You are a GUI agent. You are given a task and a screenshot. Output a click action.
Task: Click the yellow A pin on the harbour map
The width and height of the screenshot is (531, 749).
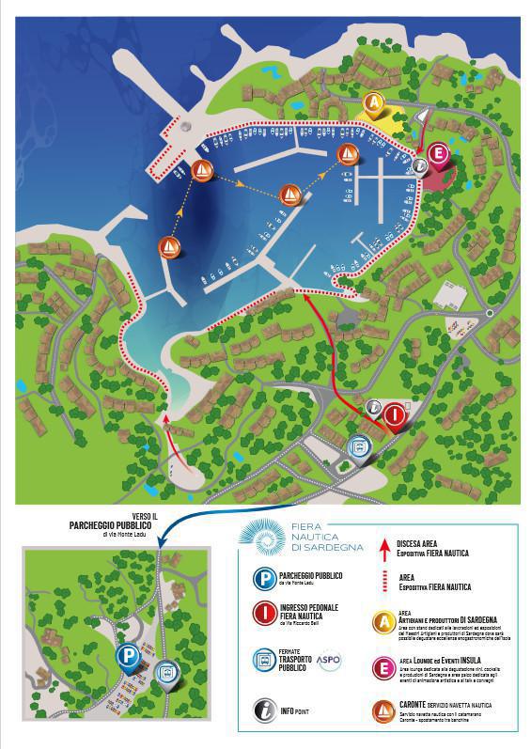click(375, 101)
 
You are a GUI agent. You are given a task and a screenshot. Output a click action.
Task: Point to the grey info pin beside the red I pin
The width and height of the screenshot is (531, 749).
click(375, 408)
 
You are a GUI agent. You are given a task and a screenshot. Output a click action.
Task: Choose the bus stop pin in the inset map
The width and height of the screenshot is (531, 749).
click(164, 674)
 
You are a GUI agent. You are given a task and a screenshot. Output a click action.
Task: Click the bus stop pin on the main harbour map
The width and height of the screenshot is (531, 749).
click(358, 447)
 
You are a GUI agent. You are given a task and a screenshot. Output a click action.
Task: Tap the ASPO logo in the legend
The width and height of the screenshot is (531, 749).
click(329, 662)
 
